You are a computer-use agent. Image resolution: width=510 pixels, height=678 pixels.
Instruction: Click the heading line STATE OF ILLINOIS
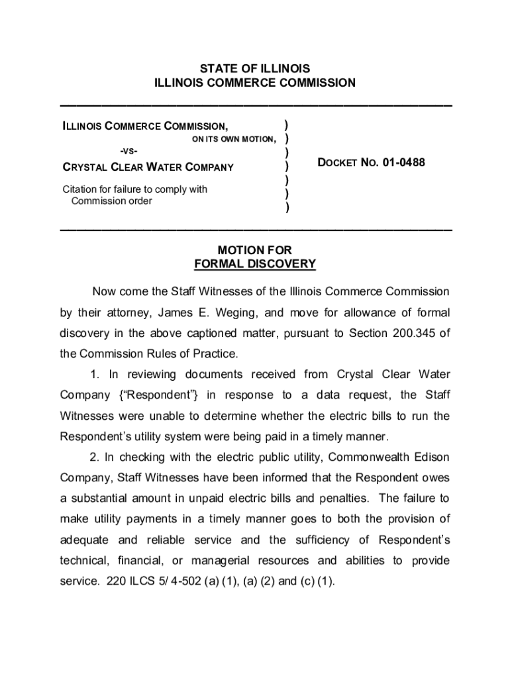click(x=255, y=69)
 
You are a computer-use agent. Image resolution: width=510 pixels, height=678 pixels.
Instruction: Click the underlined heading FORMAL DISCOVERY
click(x=255, y=264)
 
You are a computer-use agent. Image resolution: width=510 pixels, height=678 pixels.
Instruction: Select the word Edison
click(x=432, y=457)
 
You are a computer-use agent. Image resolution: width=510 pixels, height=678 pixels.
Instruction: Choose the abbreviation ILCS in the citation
click(x=138, y=582)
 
